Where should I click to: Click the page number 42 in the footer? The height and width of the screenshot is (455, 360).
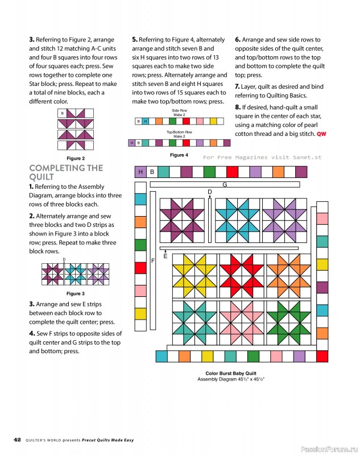pyautogui.click(x=17, y=440)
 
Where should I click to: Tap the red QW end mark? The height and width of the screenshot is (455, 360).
pyautogui.click(x=322, y=134)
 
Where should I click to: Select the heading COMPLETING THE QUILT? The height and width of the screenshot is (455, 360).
pyautogui.click(x=65, y=172)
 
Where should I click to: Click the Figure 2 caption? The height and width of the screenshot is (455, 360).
pyautogui.click(x=76, y=158)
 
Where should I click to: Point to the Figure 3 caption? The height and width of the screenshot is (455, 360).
pyautogui.click(x=76, y=293)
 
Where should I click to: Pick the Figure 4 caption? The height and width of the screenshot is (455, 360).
pyautogui.click(x=179, y=155)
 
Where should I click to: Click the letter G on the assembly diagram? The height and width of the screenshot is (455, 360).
pyautogui.click(x=225, y=185)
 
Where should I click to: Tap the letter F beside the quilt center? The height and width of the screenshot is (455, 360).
pyautogui.click(x=153, y=260)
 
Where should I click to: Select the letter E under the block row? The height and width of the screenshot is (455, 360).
pyautogui.click(x=165, y=256)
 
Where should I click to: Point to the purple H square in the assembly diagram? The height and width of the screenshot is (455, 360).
pyautogui.click(x=140, y=172)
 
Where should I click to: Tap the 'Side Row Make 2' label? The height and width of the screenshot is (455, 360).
pyautogui.click(x=180, y=112)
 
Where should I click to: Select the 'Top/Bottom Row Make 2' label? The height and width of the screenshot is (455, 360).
pyautogui.click(x=180, y=134)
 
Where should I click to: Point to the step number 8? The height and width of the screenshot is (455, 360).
pyautogui.click(x=237, y=107)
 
